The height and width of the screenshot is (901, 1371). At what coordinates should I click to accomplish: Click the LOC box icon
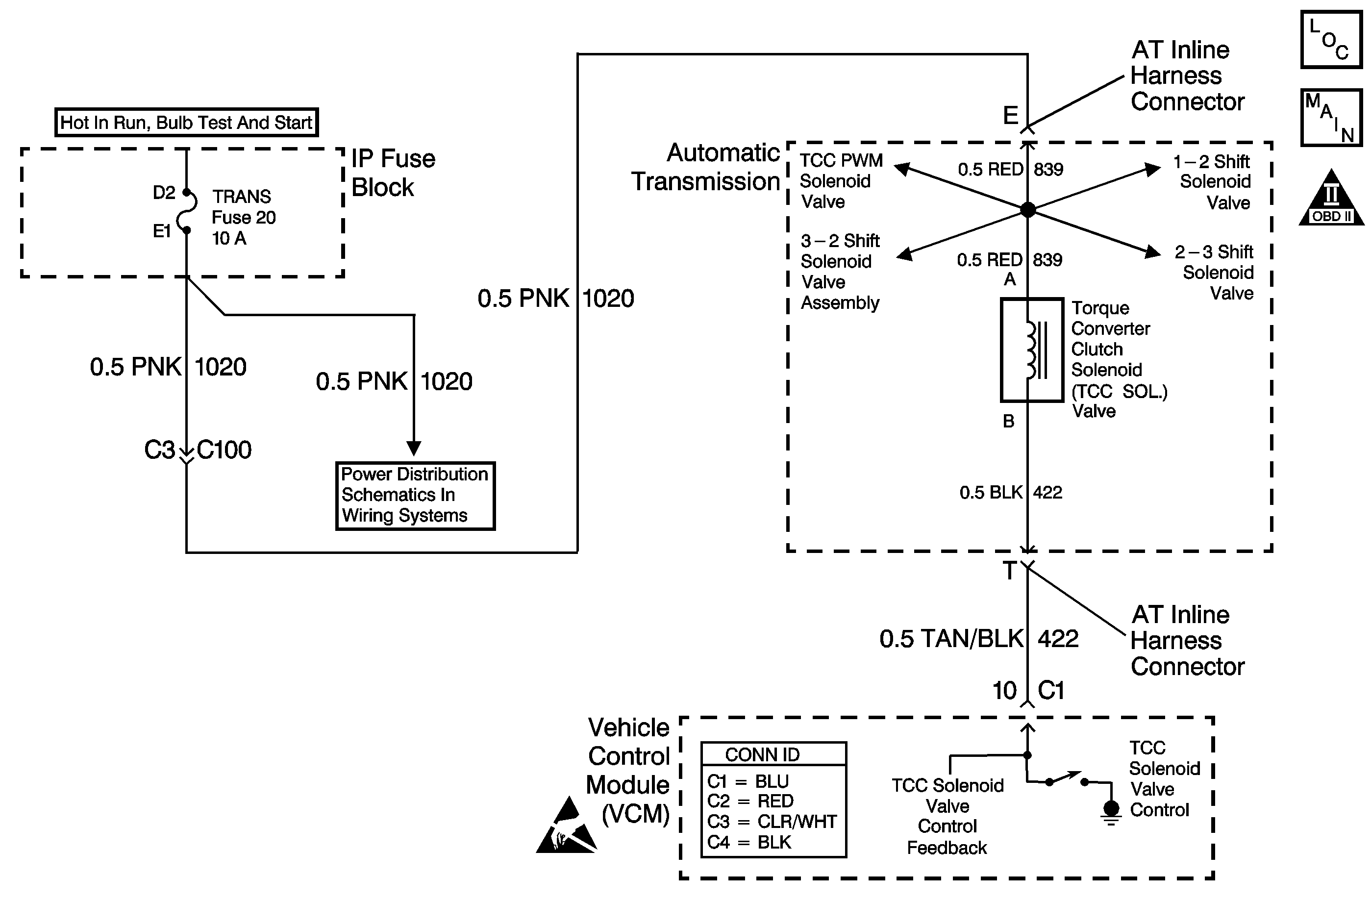tap(1331, 40)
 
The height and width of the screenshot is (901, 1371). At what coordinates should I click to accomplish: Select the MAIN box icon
tap(1331, 118)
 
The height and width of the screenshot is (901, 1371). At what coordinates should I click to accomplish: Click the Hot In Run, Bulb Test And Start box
tap(186, 122)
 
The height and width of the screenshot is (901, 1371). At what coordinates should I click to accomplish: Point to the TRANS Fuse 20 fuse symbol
tap(187, 211)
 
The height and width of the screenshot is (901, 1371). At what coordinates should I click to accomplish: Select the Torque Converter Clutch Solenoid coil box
tap(1031, 350)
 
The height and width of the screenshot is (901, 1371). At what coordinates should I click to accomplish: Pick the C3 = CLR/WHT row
tap(772, 822)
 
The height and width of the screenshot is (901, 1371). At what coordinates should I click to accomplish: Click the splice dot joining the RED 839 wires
tap(1028, 210)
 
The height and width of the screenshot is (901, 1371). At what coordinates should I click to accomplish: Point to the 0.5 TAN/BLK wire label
tap(951, 639)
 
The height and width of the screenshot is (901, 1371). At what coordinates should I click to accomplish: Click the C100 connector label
tap(224, 450)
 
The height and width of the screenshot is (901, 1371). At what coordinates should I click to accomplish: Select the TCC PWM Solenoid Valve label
tap(841, 181)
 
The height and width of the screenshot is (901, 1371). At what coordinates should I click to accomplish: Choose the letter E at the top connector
tap(1010, 116)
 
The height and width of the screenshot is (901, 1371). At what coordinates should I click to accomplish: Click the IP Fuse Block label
tap(393, 173)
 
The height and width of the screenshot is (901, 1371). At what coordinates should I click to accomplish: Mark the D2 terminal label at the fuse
tap(164, 193)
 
